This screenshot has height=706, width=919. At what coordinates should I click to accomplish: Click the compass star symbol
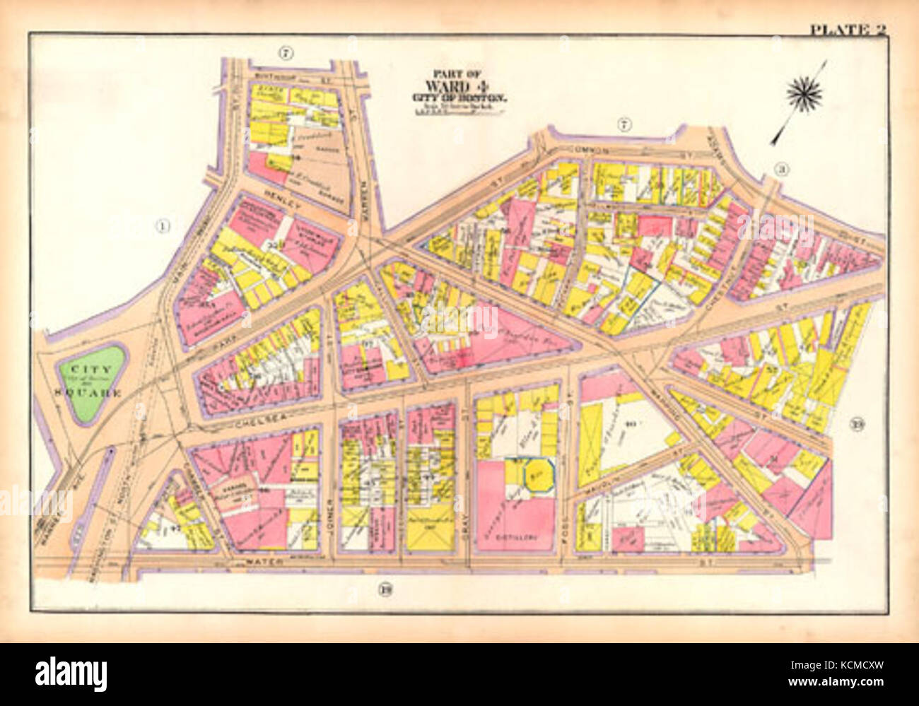coord(804,94)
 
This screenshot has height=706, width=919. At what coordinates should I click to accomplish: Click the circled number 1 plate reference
coord(163,226)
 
